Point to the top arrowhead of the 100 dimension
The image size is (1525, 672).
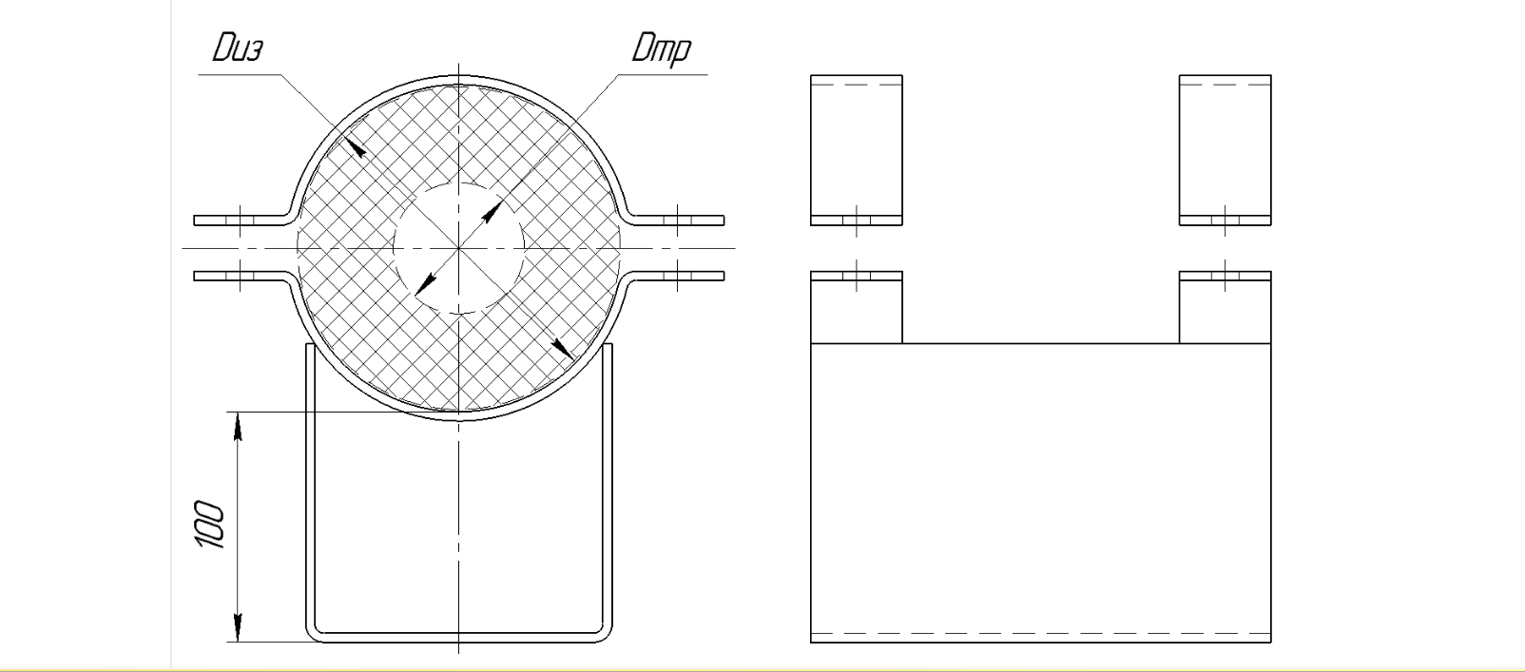pos(238,427)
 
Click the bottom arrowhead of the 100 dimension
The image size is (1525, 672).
pos(238,626)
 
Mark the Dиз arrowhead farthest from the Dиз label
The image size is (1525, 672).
pos(564,349)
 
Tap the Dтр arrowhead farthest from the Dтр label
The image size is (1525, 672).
pos(425,280)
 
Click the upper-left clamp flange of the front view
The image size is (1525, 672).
pos(238,221)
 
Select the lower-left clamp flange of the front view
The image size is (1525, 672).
pos(238,276)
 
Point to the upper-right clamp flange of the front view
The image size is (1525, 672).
pos(679,221)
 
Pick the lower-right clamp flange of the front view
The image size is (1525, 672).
pos(679,276)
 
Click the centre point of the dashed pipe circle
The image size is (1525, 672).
pos(458,248)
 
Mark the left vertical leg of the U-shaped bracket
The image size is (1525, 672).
pos(309,485)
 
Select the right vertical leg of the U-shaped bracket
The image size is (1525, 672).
pos(608,485)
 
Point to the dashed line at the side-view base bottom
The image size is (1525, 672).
pos(1040,633)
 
